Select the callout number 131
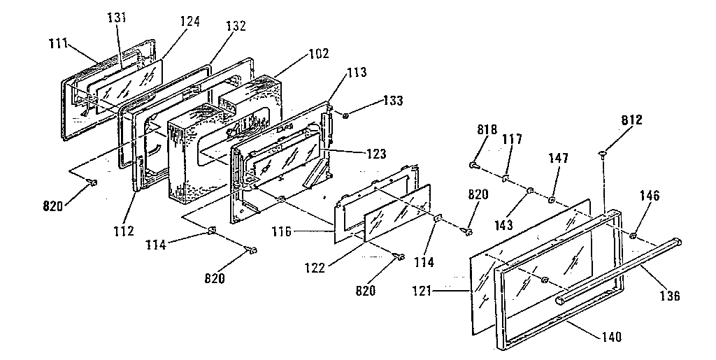click(x=116, y=17)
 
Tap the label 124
click(x=189, y=22)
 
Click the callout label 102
click(x=318, y=53)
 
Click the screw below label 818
click(x=474, y=166)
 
